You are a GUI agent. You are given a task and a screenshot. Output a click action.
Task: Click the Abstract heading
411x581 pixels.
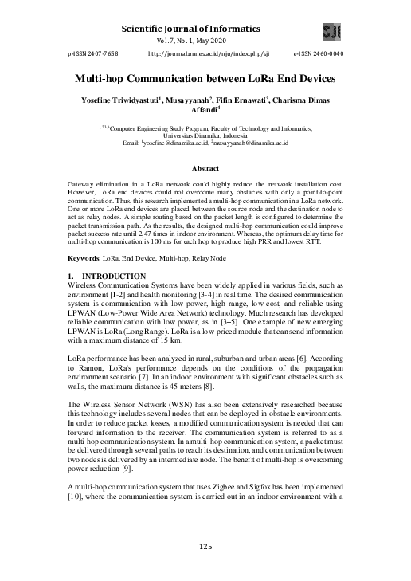click(x=205, y=168)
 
